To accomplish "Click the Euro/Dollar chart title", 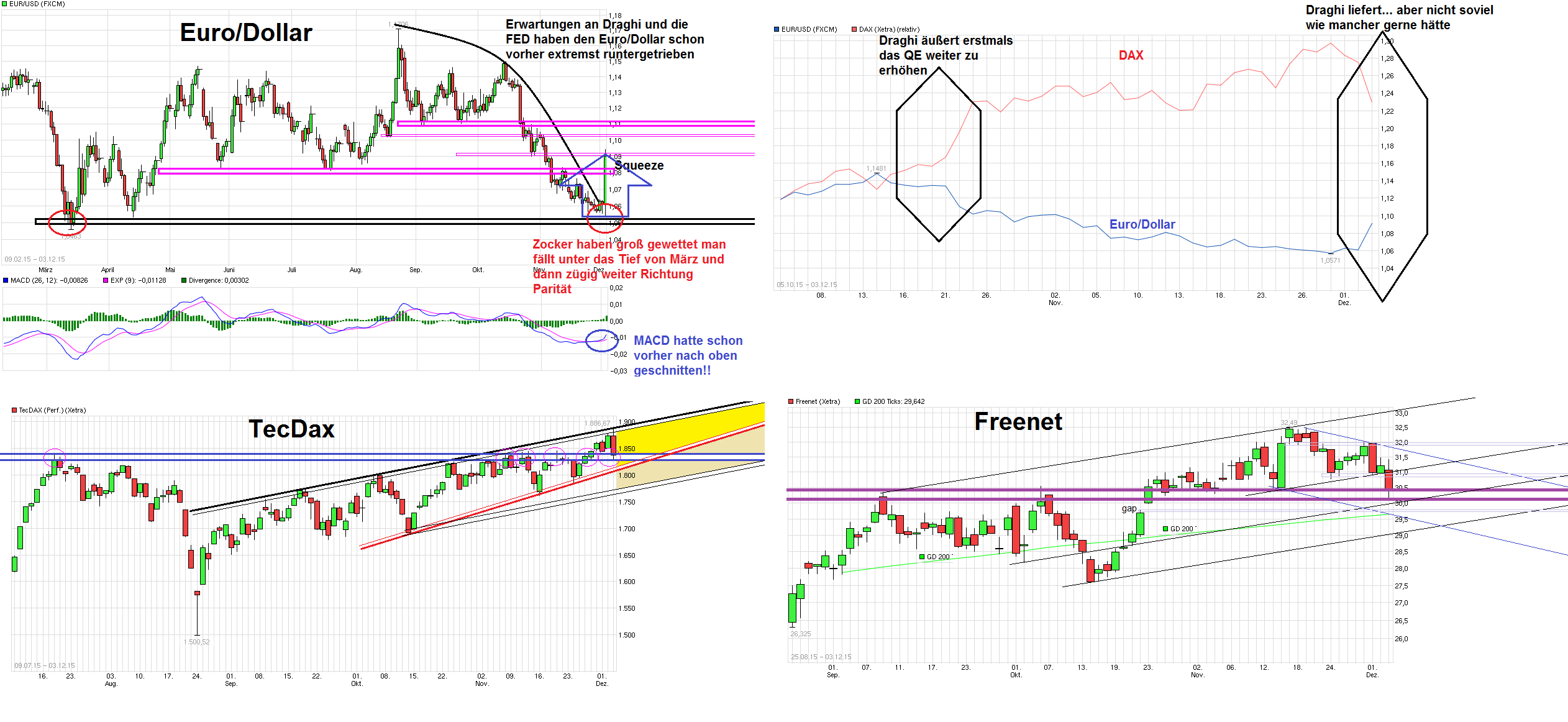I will click(x=245, y=32).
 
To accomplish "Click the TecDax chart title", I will click(x=291, y=429).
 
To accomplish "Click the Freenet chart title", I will click(x=1018, y=421).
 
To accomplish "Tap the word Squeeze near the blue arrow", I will click(x=639, y=165).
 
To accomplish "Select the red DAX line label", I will click(x=1131, y=55).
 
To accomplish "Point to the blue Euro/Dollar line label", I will click(x=1142, y=224).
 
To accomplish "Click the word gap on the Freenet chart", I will click(x=1129, y=508).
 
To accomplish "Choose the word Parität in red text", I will click(x=552, y=289).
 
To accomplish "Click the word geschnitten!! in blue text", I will click(x=672, y=371).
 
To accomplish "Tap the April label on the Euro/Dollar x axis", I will click(x=107, y=270).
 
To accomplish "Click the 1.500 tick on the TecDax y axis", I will click(x=627, y=635).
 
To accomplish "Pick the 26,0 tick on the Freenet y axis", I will click(x=1402, y=639).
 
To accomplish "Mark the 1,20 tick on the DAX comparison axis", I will click(x=1387, y=129).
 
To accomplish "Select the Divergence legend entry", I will click(x=218, y=280).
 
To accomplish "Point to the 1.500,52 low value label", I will click(x=196, y=642).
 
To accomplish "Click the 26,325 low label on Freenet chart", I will click(x=800, y=634).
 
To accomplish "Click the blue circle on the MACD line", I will click(x=601, y=340).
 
